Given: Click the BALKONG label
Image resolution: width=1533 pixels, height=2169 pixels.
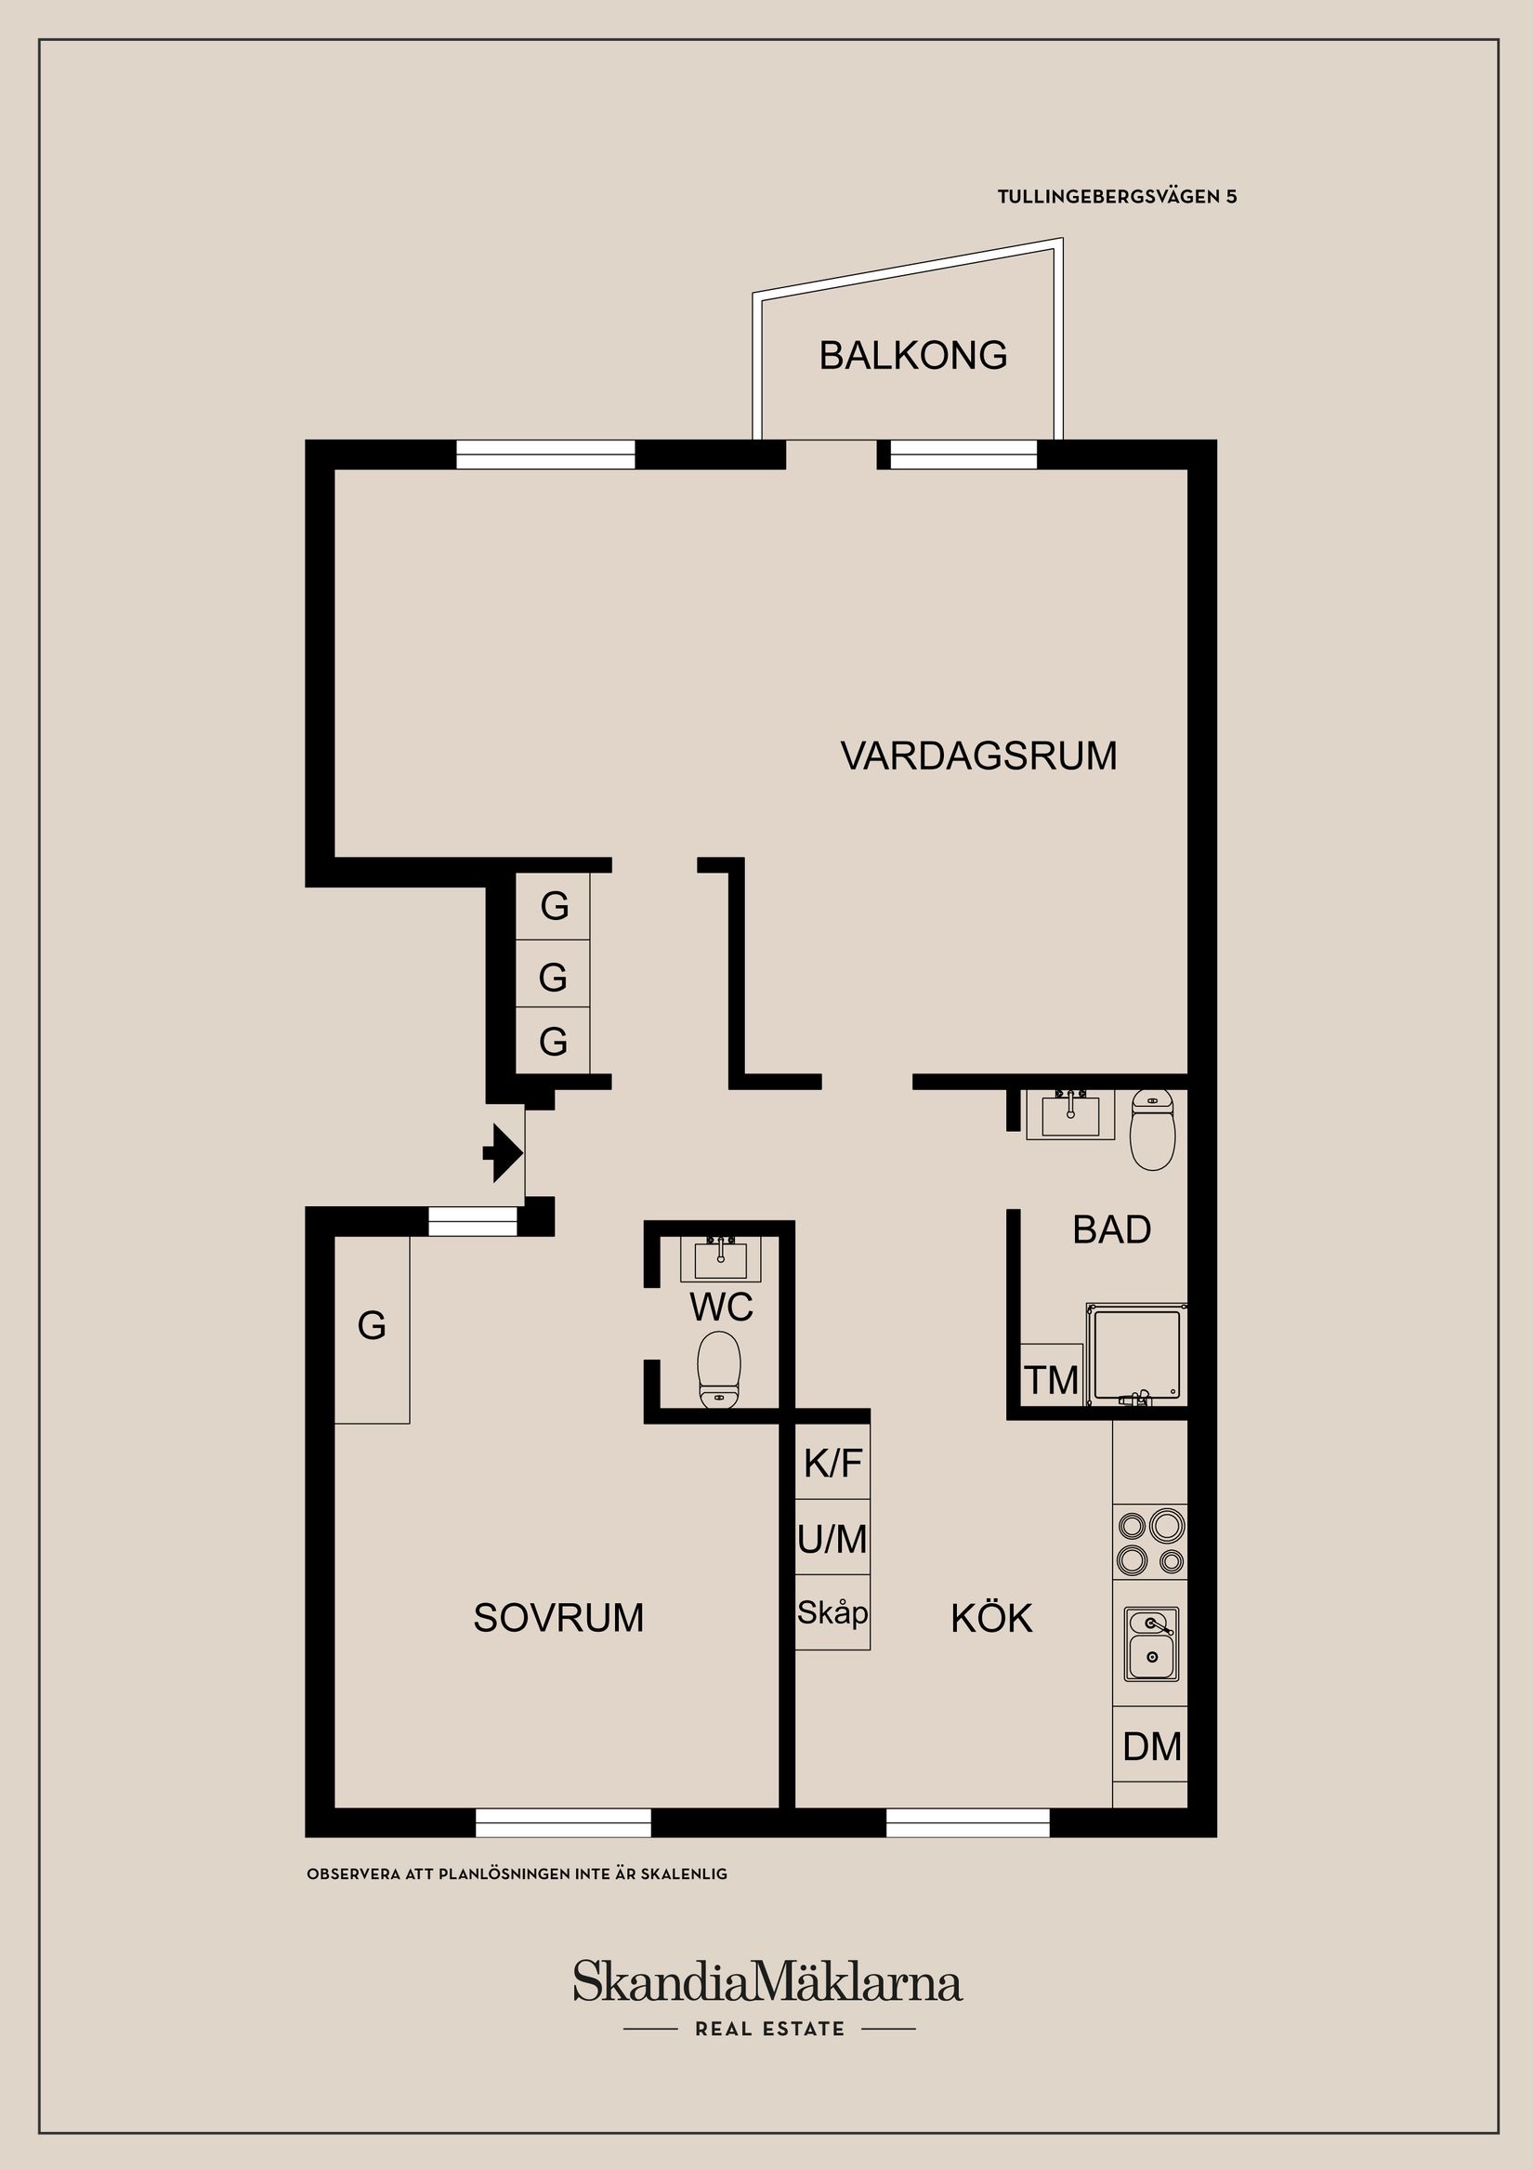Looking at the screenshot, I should pos(912,356).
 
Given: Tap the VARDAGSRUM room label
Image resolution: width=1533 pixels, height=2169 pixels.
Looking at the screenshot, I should pos(978,756).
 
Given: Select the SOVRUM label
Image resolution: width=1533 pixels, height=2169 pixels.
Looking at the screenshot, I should pos(558,1618).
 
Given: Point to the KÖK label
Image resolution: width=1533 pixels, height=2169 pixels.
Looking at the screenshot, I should pos(991,1618).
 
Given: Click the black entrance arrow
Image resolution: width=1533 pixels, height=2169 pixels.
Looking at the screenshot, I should pos(504,1152).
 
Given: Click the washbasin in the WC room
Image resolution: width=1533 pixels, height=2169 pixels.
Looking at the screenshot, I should pos(721,1257).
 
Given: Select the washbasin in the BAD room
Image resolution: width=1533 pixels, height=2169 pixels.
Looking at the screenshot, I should pos(1070,1114).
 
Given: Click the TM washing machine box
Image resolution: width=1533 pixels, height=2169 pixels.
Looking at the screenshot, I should pos(1052,1380).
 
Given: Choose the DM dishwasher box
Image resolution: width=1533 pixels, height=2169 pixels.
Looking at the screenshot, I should pos(1151,1746).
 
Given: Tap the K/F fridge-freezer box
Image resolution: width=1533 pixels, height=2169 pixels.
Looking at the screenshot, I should pos(832,1463).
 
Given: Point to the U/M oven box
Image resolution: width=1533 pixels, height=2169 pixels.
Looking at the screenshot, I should pos(832,1539).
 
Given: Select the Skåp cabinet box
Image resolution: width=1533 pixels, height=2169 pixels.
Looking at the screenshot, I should pos(832,1612).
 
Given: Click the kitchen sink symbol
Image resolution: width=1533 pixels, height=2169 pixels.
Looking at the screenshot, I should pos(1151,1645).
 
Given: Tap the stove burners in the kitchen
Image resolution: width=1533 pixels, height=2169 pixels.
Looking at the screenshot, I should pos(1150,1541).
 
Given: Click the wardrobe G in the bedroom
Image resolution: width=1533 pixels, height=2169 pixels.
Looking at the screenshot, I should pos(373,1327).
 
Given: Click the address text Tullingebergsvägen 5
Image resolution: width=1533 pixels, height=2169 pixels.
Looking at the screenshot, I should pos(1117,197).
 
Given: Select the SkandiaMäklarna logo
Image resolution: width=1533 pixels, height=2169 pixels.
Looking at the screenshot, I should pos(767,1981).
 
